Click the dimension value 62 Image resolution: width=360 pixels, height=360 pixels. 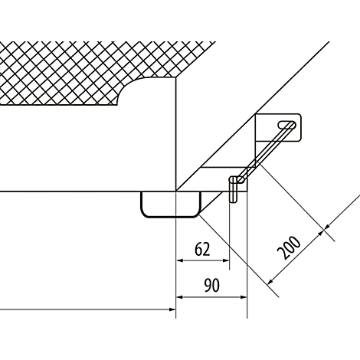coord(202,249)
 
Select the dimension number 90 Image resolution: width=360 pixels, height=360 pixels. coord(211,286)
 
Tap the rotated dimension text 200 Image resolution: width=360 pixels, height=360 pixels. coord(290,247)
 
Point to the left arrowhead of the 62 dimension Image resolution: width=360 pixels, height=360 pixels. coord(180,260)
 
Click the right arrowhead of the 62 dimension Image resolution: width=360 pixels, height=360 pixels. coord(226,260)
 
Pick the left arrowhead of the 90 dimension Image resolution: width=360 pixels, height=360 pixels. coord(180,297)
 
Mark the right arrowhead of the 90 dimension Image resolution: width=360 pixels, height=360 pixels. coord(244,297)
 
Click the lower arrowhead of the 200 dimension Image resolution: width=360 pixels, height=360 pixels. coord(270,281)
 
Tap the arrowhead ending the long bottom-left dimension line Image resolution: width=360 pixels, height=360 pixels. coord(172,309)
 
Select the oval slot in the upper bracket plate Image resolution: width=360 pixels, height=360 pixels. coord(287,125)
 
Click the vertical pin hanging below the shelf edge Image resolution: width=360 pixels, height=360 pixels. coord(233,189)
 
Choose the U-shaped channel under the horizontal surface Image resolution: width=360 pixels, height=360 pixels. coord(171,205)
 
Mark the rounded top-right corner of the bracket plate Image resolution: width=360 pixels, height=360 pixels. coord(299,116)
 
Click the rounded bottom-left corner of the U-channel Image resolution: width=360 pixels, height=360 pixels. coord(143,214)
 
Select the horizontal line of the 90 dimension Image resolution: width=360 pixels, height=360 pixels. coord(211,297)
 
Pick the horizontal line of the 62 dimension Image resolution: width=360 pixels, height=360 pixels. coord(203,260)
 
